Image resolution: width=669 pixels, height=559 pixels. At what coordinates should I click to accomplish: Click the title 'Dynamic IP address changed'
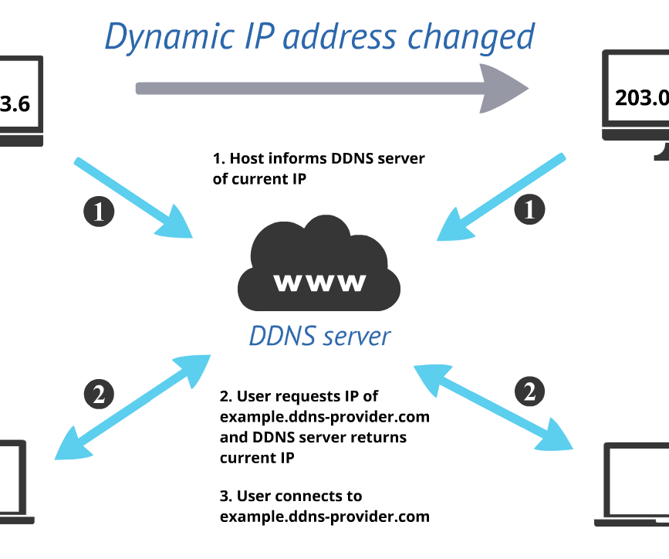coord(319,36)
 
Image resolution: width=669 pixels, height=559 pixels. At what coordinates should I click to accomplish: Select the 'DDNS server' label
coord(319,337)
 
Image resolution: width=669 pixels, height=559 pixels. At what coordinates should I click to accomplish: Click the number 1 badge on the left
coord(98,211)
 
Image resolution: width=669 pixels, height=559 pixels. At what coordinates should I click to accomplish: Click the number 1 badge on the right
coord(529,209)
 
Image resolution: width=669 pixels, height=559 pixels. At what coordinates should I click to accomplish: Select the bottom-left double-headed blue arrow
coord(133,406)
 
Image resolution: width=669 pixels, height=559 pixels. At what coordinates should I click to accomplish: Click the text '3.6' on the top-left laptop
coord(15,103)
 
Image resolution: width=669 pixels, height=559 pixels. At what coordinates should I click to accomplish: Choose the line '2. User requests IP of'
coord(299,397)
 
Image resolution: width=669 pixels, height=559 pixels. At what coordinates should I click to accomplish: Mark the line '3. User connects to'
coord(291,496)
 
